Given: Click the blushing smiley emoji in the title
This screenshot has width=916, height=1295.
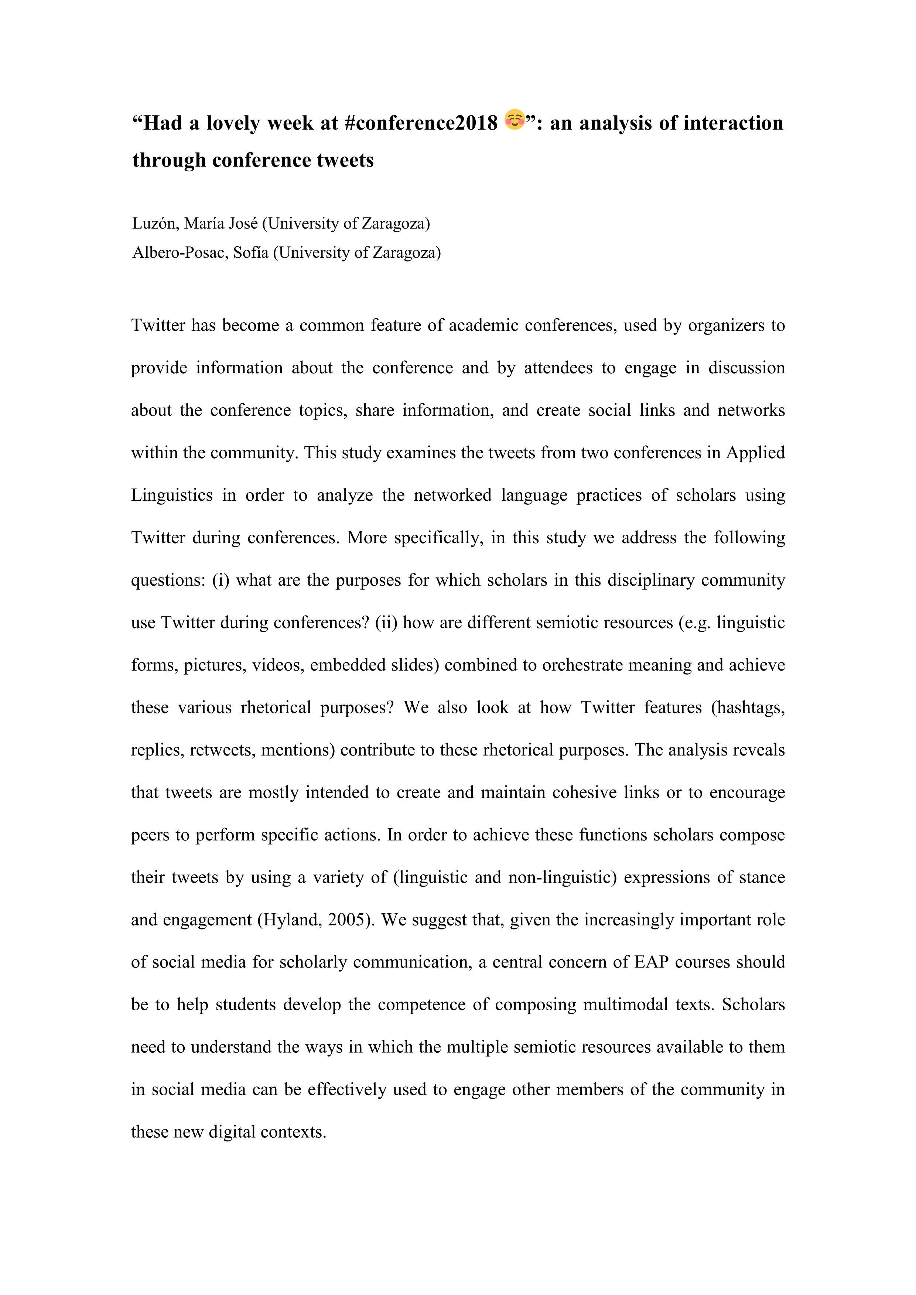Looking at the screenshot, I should [515, 120].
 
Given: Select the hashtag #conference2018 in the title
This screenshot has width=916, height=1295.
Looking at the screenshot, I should [420, 123].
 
